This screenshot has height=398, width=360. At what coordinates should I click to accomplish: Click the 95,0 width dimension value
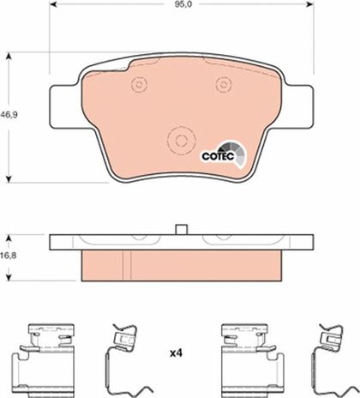180,4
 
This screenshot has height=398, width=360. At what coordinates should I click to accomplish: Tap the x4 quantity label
176,353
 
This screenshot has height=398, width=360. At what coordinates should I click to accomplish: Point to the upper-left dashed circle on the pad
139,85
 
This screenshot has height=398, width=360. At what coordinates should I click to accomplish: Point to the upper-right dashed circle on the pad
224,84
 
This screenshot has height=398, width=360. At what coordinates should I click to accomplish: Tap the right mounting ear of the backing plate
297,106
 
